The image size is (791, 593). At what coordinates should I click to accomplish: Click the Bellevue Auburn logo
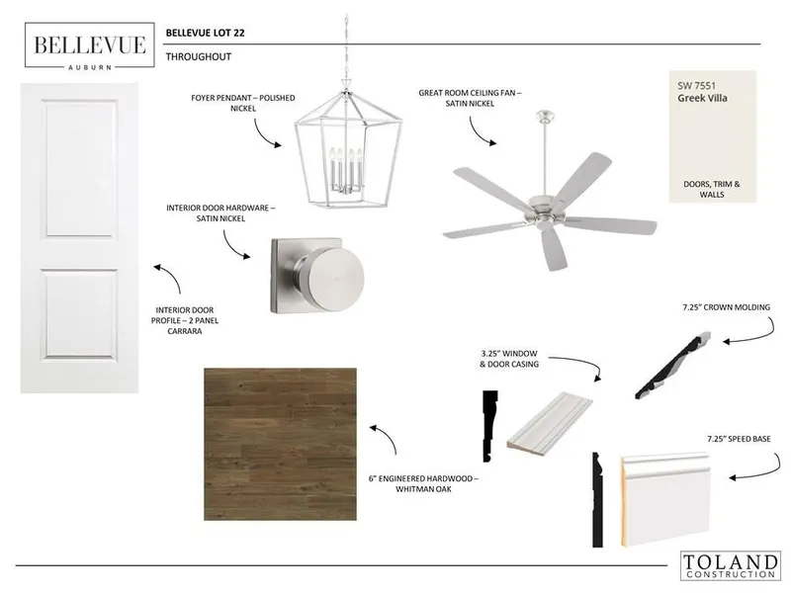pyautogui.click(x=90, y=45)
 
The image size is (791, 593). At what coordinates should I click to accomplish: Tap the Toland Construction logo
pyautogui.click(x=730, y=565)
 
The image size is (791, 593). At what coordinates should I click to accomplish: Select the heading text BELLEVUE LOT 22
pyautogui.click(x=206, y=33)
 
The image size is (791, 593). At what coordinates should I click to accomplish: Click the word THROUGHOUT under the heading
pyautogui.click(x=199, y=57)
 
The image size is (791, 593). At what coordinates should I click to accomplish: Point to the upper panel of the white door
pyautogui.click(x=80, y=168)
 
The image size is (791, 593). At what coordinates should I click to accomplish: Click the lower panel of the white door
pyautogui.click(x=80, y=313)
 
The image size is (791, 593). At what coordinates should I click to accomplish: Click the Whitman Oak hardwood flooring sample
pyautogui.click(x=280, y=444)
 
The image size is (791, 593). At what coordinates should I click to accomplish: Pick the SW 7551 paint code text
pyautogui.click(x=696, y=86)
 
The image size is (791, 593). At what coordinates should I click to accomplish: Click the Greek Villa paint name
pyautogui.click(x=702, y=98)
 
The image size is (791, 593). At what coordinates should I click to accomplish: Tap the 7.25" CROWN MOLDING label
pyautogui.click(x=727, y=307)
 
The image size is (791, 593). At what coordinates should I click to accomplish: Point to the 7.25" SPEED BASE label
pyautogui.click(x=739, y=439)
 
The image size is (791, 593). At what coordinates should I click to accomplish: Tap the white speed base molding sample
pyautogui.click(x=664, y=499)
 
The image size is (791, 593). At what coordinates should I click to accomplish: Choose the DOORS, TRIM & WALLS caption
pyautogui.click(x=712, y=189)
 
